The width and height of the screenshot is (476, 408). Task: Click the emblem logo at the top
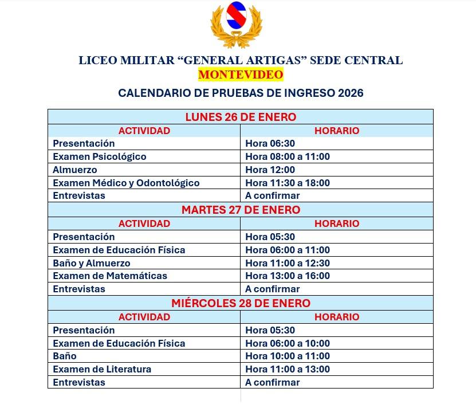[236, 25]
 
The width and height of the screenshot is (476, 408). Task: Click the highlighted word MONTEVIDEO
[241, 74]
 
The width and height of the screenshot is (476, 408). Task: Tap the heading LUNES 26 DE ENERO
[241, 117]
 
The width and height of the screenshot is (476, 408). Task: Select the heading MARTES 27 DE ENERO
[241, 210]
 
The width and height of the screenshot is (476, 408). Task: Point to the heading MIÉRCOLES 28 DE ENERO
[241, 303]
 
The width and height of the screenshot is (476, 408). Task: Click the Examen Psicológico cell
[100, 156]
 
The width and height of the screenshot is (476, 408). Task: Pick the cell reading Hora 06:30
[270, 143]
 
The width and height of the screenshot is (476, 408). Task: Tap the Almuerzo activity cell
[75, 170]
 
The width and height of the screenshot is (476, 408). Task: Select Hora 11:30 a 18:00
[288, 183]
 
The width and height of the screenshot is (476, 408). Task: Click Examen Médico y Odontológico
[126, 183]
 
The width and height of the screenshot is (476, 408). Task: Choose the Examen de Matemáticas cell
[110, 276]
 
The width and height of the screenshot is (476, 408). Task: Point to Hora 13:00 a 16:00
[288, 276]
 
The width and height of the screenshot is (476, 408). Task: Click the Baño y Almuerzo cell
[92, 263]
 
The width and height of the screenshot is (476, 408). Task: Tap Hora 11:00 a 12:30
[288, 263]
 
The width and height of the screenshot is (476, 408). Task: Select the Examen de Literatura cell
[102, 369]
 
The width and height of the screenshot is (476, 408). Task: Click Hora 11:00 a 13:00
[288, 369]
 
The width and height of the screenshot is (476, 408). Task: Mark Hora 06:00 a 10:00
[288, 343]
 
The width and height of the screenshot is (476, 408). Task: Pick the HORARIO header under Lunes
[337, 131]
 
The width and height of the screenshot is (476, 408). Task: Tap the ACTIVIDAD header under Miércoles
[144, 317]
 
